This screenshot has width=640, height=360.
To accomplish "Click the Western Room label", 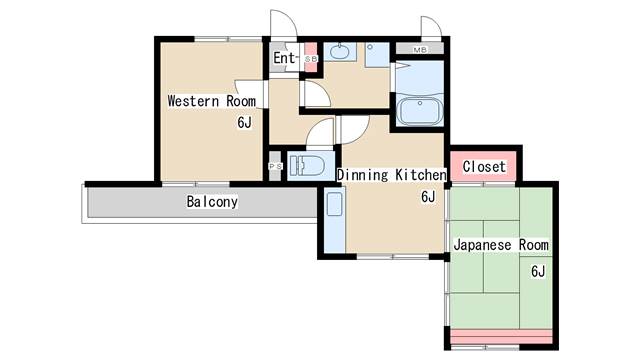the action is click(212, 101).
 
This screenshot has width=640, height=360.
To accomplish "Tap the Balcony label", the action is click(212, 202).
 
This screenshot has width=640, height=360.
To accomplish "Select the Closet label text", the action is click(484, 167).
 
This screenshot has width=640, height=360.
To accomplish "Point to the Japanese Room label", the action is click(501, 245).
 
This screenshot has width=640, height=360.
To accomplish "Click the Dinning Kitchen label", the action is click(392, 175).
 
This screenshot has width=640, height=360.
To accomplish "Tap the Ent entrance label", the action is click(284, 58).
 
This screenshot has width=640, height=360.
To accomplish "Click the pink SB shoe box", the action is click(311, 58).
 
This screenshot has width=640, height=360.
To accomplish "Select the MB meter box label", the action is click(420, 50).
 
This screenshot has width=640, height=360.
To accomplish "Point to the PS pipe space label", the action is click(275, 167).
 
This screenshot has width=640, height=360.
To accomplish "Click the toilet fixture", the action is click(307, 166).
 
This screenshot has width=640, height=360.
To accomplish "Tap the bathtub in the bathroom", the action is click(420, 110).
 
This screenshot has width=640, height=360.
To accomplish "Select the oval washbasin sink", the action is click(339, 52).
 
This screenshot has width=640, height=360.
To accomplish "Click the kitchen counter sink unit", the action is click(335, 220).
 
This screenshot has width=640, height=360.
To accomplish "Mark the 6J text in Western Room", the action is click(244, 122).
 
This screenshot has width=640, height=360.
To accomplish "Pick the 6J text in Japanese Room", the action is click(538, 271).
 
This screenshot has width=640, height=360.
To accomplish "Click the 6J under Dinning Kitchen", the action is click(428, 197).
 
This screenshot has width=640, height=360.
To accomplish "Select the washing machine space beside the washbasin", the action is click(377, 55).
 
